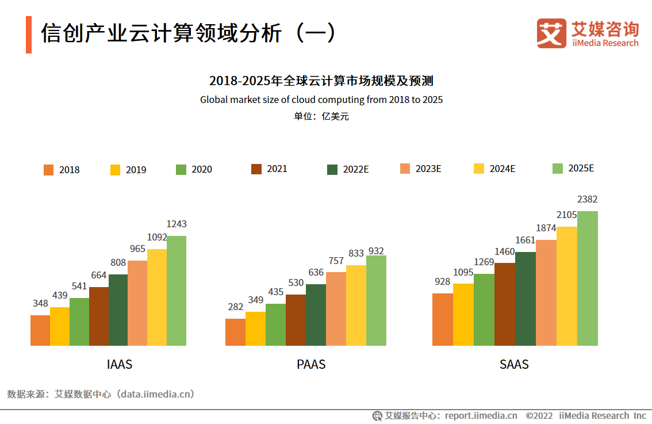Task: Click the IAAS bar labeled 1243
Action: [x=177, y=291]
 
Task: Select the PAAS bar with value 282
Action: [x=235, y=332]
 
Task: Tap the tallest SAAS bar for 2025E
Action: [x=588, y=278]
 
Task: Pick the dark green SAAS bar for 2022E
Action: [x=526, y=299]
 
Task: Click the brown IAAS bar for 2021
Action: [x=99, y=316]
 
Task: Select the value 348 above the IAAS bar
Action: [x=40, y=303]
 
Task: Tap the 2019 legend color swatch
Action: [x=115, y=170]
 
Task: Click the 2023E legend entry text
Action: [x=428, y=169]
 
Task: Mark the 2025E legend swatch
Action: [x=557, y=169]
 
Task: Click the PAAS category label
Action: [x=311, y=364]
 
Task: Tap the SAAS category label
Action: [x=514, y=364]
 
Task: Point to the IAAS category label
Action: [x=120, y=364]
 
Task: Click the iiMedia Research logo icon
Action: [x=551, y=33]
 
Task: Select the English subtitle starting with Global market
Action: [x=321, y=100]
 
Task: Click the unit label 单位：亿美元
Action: [x=321, y=116]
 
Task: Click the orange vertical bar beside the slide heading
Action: [x=29, y=35]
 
